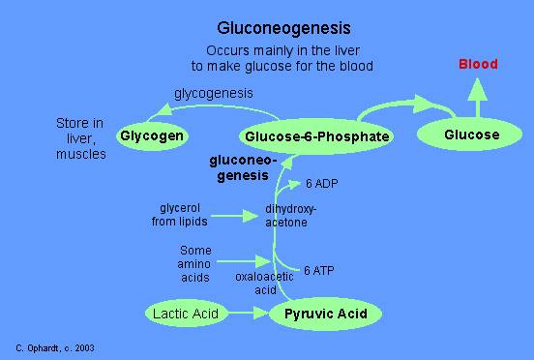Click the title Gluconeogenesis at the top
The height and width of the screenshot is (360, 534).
pos(282,29)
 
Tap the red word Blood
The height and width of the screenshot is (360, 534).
pos(478,65)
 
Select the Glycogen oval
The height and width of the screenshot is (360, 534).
pos(153,135)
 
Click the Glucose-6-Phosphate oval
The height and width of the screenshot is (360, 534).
pos(317,136)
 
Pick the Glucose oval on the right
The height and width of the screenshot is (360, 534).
pos(472,135)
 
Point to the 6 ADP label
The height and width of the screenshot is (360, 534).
pos(321,184)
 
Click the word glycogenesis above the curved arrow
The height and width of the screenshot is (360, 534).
pos(213,94)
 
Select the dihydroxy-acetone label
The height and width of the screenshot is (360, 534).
pos(290,216)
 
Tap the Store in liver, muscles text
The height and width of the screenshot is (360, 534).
pos(81,138)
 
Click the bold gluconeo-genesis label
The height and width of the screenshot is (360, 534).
pos(244,166)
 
